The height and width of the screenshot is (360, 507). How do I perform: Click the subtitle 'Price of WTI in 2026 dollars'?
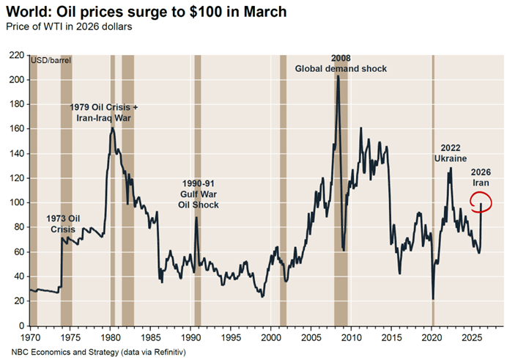(x=69, y=26)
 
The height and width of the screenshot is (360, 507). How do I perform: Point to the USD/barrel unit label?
(x=51, y=60)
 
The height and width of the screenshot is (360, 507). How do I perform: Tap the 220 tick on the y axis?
(x=16, y=55)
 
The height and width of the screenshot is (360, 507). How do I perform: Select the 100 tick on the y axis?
(x=16, y=202)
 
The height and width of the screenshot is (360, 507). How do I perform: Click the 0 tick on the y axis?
(x=21, y=326)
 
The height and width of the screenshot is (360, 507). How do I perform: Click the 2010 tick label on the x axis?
(x=352, y=338)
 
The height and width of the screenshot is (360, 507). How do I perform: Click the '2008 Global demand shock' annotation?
(x=341, y=63)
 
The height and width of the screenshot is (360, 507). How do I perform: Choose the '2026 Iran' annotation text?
(x=481, y=177)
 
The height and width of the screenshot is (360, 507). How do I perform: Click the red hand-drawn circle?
(x=481, y=199)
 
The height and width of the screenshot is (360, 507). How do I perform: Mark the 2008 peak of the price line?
(x=338, y=76)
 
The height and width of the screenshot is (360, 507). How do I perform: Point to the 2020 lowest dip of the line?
(x=433, y=298)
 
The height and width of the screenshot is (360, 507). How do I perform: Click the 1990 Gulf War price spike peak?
(x=196, y=218)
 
